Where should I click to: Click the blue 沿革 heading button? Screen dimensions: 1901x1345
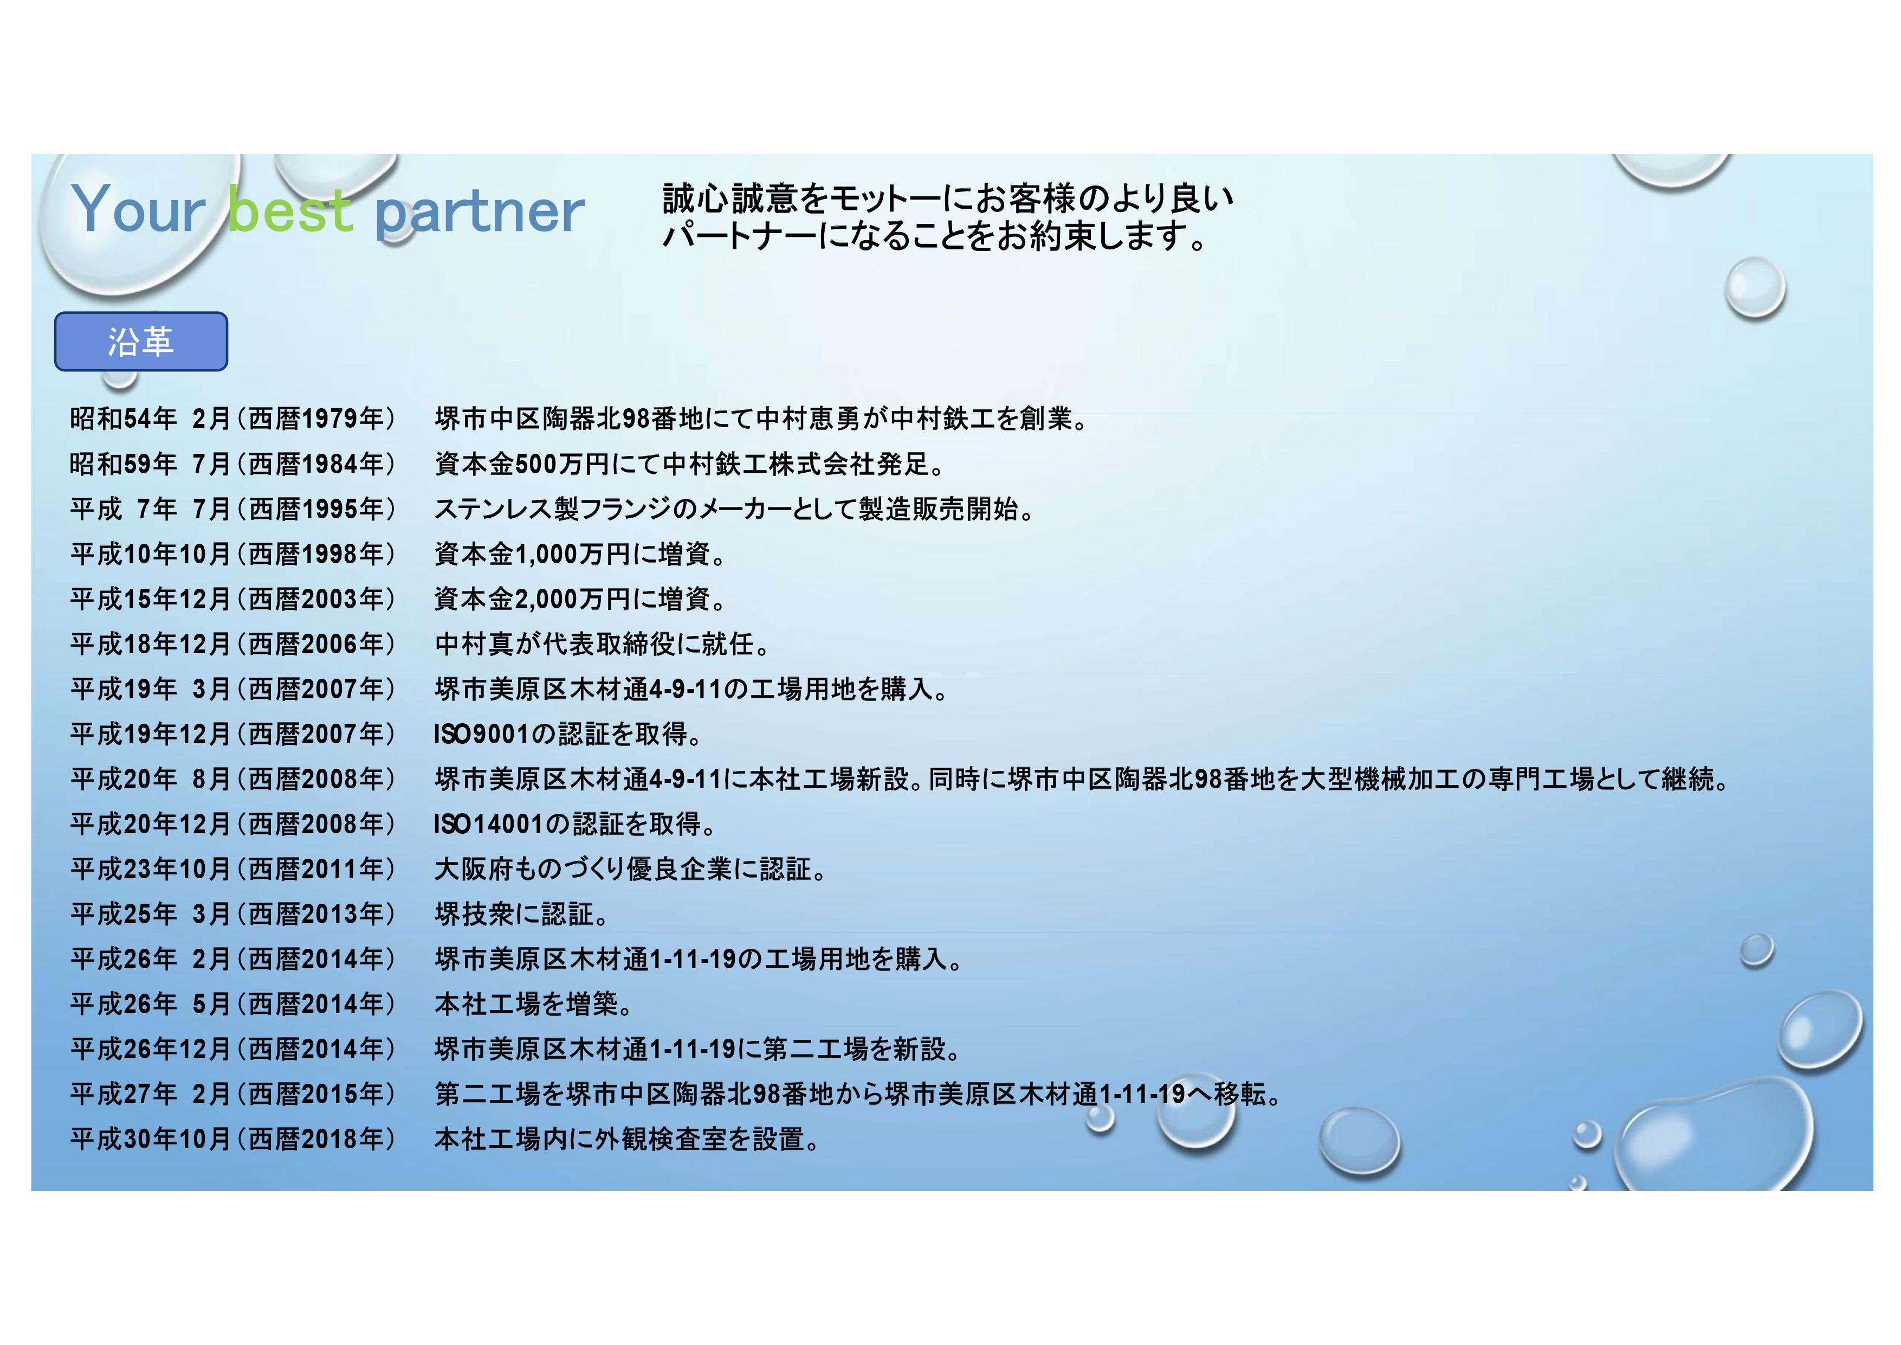click(141, 341)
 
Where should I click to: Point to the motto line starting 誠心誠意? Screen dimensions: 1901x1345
click(948, 198)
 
